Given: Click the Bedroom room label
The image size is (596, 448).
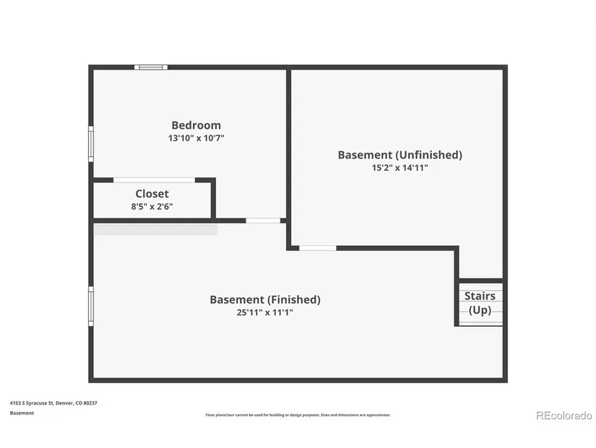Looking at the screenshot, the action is (x=196, y=125).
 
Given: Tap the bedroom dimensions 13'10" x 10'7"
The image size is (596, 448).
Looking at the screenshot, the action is (x=196, y=138).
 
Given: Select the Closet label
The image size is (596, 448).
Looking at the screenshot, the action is (x=152, y=194).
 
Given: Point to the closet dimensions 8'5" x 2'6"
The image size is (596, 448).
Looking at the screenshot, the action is (x=152, y=206).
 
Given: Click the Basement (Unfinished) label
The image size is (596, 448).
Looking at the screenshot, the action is (x=400, y=155).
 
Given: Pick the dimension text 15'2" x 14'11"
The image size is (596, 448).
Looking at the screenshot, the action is (x=400, y=168).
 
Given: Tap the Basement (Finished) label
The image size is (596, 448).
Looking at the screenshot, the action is (x=265, y=300).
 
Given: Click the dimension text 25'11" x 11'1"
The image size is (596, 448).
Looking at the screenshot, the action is (x=265, y=313).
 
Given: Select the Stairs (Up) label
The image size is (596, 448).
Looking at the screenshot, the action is (x=480, y=303).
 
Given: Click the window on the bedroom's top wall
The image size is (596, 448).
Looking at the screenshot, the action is (x=151, y=67).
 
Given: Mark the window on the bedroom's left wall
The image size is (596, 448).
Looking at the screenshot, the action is (x=91, y=144).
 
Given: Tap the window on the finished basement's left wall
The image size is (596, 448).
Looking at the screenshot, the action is (x=91, y=306).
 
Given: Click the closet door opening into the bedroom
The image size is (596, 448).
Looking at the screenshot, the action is (x=155, y=180).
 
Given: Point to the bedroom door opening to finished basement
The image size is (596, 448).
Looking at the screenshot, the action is (x=263, y=221).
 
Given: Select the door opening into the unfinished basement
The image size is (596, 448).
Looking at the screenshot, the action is (x=318, y=248).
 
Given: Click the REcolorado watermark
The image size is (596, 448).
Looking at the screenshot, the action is (x=564, y=415).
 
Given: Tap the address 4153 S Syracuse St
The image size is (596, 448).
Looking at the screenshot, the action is (x=33, y=403).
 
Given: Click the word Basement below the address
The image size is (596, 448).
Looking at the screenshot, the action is (x=22, y=413).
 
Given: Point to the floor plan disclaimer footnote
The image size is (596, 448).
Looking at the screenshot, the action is (x=298, y=415).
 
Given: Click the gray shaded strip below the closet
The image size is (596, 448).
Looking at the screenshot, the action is (x=155, y=229).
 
